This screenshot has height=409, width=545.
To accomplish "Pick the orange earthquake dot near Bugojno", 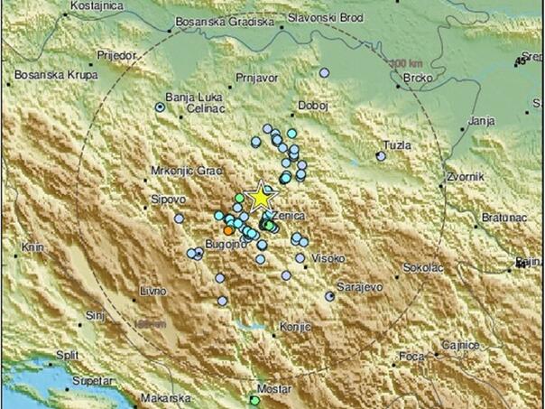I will [228, 232].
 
